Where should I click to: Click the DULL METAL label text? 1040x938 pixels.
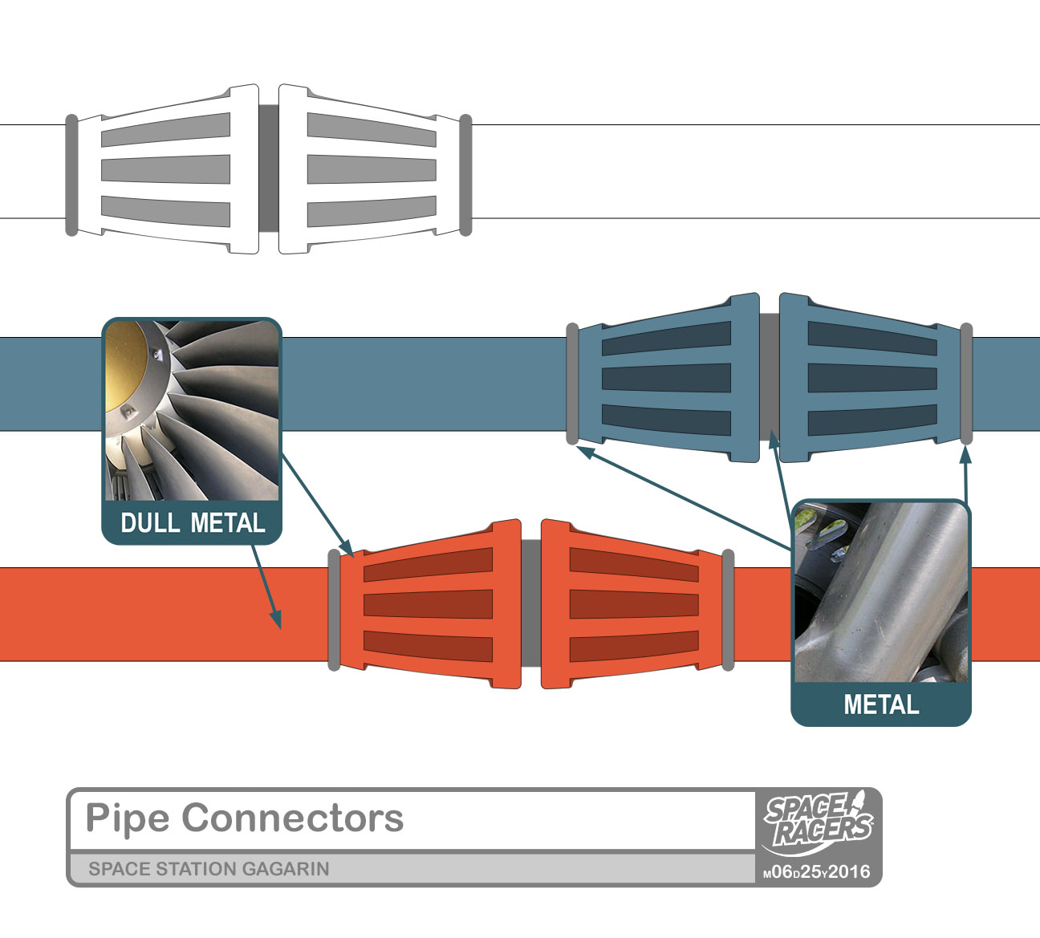click(x=193, y=523)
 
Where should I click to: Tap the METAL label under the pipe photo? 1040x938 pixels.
click(x=881, y=705)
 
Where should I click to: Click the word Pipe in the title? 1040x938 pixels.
click(x=128, y=818)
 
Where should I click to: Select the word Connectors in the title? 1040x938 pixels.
click(x=293, y=818)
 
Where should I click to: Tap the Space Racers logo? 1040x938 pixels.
click(x=818, y=821)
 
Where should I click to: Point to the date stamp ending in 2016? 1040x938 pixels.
click(x=817, y=872)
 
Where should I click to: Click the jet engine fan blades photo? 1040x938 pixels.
click(x=193, y=409)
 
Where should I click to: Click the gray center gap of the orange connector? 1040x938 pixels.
click(x=531, y=603)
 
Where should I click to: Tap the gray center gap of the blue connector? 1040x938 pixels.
click(x=770, y=377)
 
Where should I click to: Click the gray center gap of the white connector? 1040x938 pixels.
click(x=269, y=169)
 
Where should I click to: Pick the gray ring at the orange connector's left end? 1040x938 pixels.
click(x=334, y=610)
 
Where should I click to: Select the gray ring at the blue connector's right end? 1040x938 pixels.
click(x=967, y=384)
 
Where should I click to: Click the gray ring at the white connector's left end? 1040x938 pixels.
click(x=71, y=175)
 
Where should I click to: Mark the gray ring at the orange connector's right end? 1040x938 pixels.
click(x=728, y=610)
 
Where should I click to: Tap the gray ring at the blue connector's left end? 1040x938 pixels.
click(x=572, y=384)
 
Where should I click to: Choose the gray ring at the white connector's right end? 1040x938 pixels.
click(x=465, y=175)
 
